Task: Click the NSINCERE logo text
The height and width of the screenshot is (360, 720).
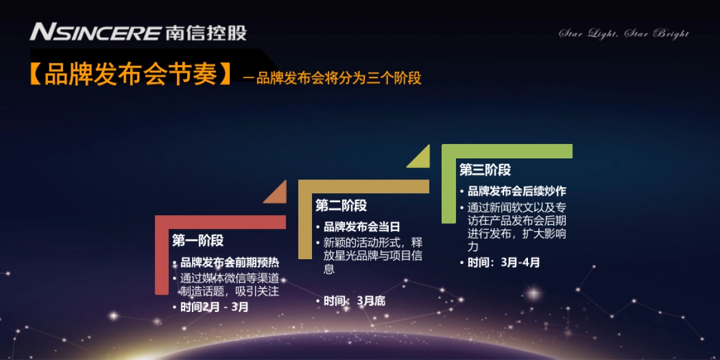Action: [x=95, y=32]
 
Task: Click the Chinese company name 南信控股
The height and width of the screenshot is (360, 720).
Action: [x=205, y=32]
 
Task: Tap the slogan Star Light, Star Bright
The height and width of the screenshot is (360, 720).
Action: [x=624, y=34]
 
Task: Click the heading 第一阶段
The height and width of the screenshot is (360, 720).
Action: [x=198, y=241]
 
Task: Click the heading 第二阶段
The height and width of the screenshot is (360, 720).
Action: [x=341, y=206]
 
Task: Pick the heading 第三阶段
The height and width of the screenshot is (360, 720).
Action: [x=485, y=170]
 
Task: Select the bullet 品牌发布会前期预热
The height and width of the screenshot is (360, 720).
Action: [x=230, y=263]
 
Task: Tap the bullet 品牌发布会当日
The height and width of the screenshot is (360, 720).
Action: [x=362, y=227]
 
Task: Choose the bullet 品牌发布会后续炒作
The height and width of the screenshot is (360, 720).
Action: [x=517, y=191]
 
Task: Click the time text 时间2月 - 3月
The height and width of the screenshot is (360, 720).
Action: [x=214, y=307]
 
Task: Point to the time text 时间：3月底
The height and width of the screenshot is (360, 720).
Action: [x=354, y=301]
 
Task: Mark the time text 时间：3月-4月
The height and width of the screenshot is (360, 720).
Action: [x=503, y=262]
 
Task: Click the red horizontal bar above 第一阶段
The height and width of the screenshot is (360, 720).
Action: [x=222, y=222]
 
